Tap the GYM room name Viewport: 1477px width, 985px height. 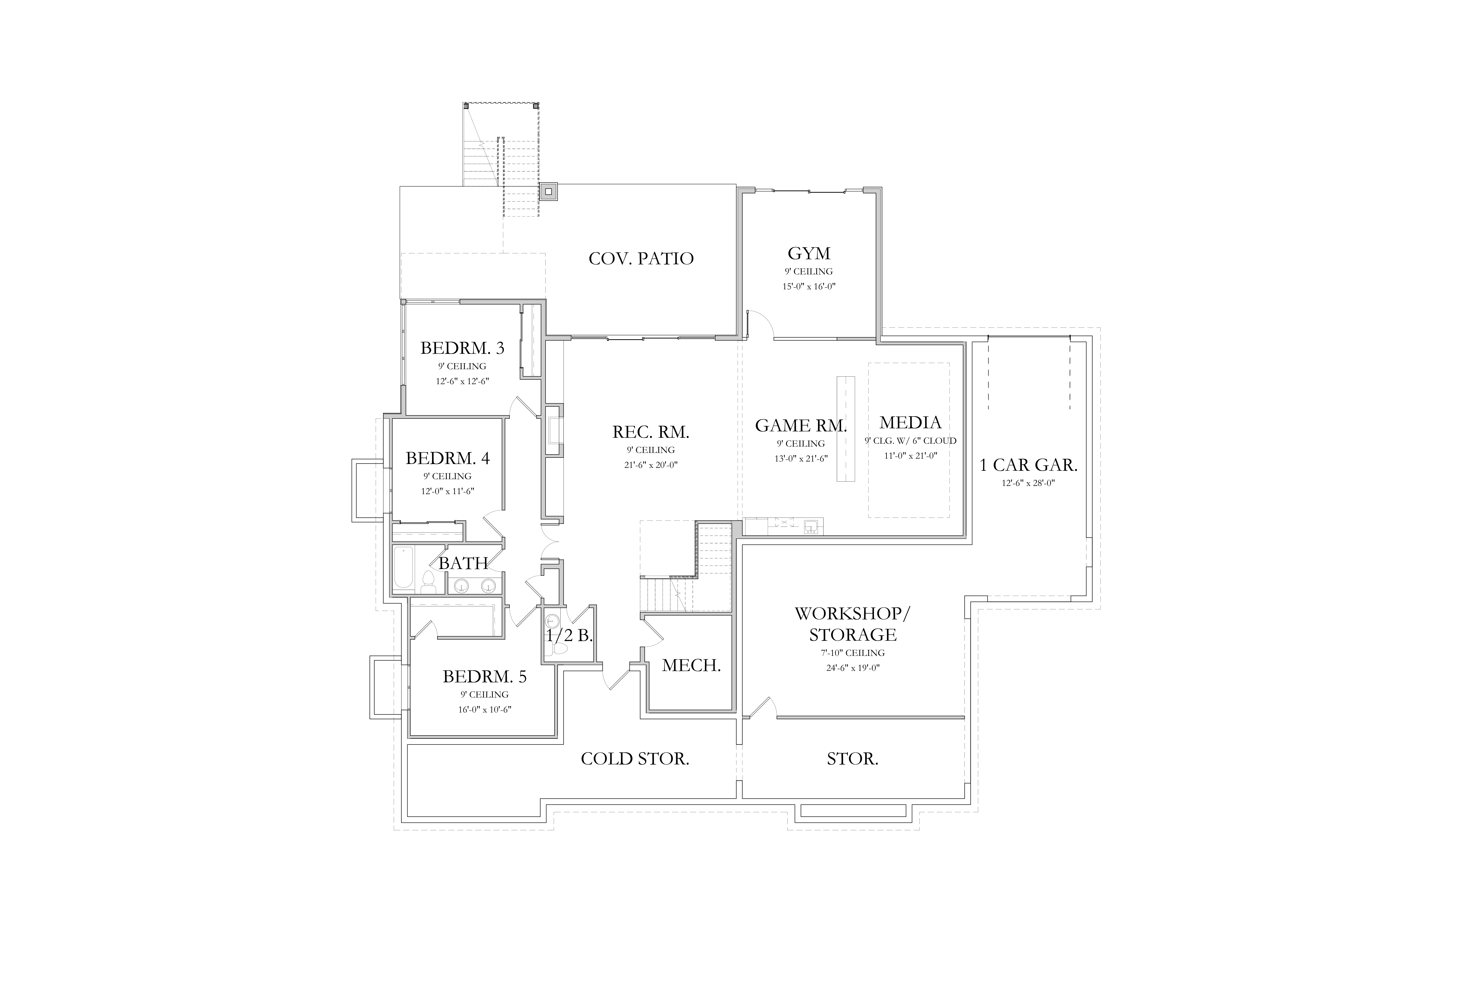(x=809, y=254)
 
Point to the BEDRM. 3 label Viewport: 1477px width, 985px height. (x=462, y=348)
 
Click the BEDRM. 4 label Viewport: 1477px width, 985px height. (x=447, y=459)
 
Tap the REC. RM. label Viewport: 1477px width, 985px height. (x=650, y=432)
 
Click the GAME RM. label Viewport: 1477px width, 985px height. (x=801, y=426)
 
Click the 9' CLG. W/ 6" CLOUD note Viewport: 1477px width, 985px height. (x=911, y=441)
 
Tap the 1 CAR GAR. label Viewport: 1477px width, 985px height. (x=1029, y=465)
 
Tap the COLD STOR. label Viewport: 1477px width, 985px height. (x=635, y=759)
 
